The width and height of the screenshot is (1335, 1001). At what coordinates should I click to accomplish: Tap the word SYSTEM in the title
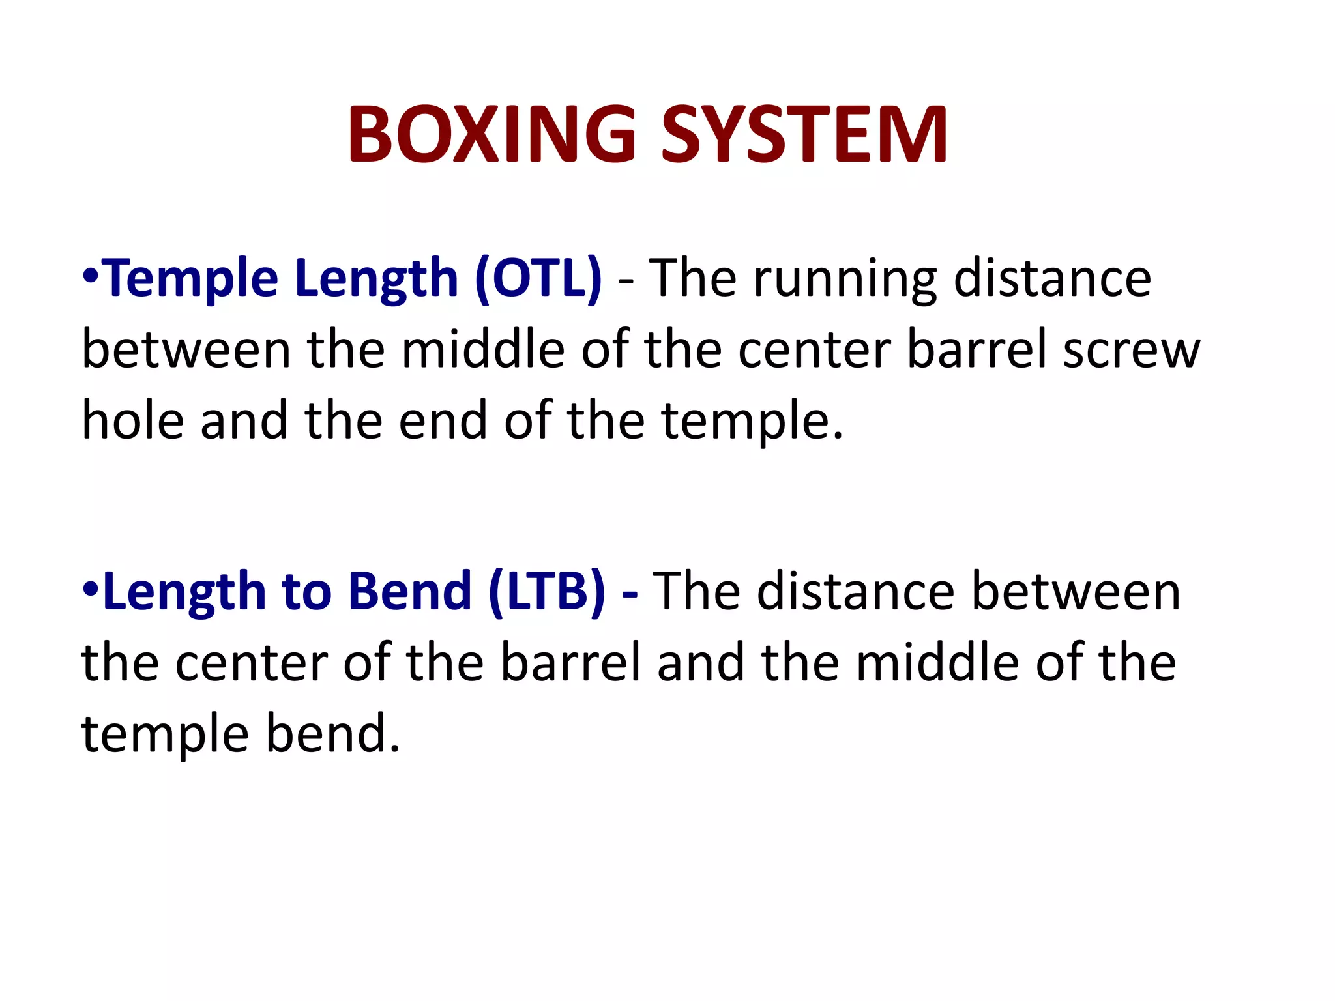click(x=804, y=135)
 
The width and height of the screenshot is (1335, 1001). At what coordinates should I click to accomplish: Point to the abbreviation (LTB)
click(x=546, y=592)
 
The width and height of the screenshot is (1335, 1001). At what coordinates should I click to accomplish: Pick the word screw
click(x=1132, y=351)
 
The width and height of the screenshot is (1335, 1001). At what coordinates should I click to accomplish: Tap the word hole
click(x=132, y=421)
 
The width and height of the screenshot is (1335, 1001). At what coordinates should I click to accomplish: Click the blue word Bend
click(x=410, y=592)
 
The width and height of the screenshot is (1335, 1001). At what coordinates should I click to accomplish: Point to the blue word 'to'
click(x=306, y=592)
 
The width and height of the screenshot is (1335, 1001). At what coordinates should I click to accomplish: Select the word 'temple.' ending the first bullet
click(x=752, y=422)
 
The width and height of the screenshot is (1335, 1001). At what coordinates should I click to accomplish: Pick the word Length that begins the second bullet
click(x=184, y=592)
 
